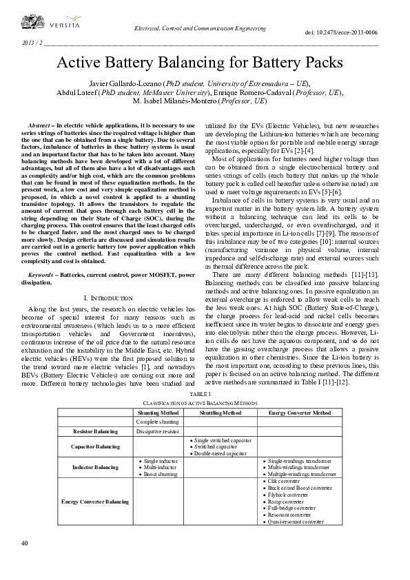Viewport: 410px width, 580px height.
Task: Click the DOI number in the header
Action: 341,32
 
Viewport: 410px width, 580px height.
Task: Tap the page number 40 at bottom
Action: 25,543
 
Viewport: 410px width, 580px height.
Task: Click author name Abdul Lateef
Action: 78,92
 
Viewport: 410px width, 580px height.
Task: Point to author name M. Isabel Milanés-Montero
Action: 174,101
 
